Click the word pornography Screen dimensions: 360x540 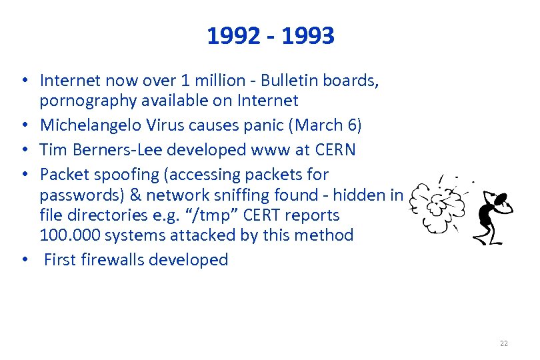(81, 101)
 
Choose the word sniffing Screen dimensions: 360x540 (265, 195)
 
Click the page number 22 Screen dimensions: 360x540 (503, 343)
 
